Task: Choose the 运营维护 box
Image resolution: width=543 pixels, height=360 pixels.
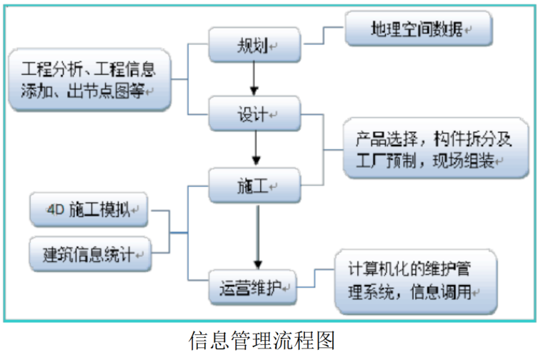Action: [254, 288]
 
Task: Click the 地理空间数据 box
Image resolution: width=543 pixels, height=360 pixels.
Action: [418, 29]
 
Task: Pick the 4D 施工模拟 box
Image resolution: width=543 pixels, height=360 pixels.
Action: [89, 211]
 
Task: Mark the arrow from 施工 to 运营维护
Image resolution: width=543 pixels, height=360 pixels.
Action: [255, 236]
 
